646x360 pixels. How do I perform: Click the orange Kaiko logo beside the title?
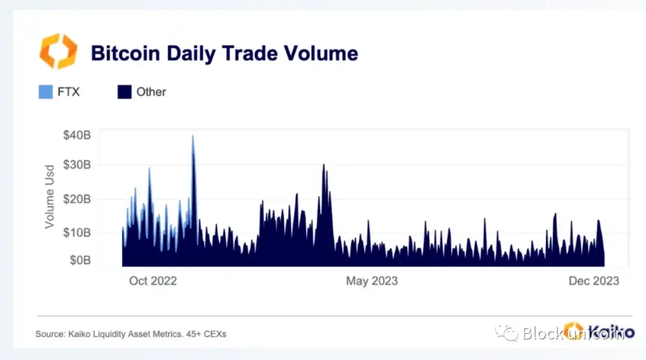coord(58,51)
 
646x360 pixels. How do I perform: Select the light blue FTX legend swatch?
coord(45,92)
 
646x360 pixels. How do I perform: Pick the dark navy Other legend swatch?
coord(124,92)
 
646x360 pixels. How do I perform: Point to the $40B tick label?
coord(77,135)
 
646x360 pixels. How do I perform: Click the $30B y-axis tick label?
coord(77,164)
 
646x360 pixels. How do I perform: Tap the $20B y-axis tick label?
coord(77,199)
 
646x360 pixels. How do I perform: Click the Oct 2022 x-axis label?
coord(153,280)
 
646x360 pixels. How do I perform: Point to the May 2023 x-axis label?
coord(371,280)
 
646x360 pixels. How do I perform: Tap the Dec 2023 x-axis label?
coord(593,280)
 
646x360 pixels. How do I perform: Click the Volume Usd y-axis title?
coord(50,196)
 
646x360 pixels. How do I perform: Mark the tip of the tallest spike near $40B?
coord(193,136)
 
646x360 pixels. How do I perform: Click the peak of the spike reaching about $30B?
coord(324,164)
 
